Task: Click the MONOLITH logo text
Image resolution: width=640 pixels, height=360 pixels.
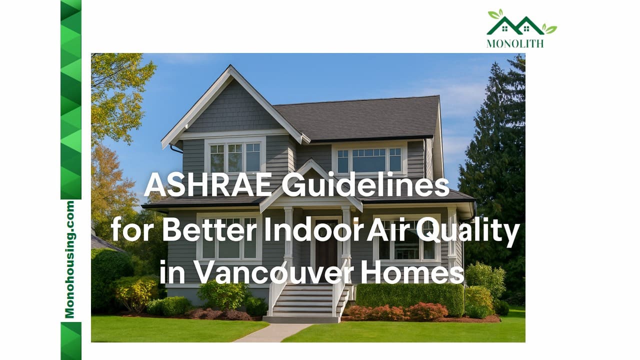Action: [514, 43]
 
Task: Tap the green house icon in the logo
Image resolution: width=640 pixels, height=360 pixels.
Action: [515, 25]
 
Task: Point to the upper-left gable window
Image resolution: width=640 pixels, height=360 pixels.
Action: [235, 157]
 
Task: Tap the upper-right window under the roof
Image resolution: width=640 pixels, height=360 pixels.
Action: [369, 160]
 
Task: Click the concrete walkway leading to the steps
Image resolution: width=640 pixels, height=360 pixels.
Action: [272, 332]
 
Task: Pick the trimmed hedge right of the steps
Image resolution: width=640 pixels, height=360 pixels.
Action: [410, 297]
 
